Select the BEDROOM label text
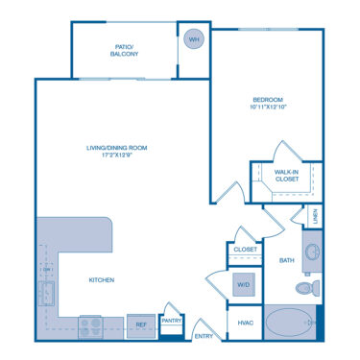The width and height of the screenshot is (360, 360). coord(268,100)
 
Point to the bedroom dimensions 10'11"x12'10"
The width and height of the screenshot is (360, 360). coord(268,108)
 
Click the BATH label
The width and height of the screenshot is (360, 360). coord(286,260)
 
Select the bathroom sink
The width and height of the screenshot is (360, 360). coord(312,254)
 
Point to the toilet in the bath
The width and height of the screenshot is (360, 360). coord(305,286)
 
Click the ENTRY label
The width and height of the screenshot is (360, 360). coord(204,336)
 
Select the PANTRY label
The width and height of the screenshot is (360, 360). coord(172,321)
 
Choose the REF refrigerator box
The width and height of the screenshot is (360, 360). coord(140,326)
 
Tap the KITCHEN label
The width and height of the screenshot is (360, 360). coord(103,279)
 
